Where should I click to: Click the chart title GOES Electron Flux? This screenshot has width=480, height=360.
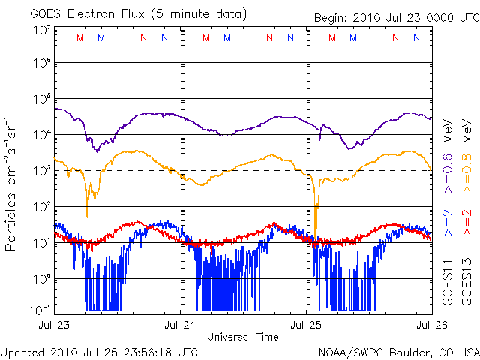point(139,13)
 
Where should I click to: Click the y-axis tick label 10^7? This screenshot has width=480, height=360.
point(41,30)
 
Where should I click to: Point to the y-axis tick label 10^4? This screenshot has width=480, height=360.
point(41,135)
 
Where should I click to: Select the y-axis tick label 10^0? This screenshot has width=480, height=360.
point(41,278)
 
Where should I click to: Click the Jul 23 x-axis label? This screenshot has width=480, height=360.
point(54,325)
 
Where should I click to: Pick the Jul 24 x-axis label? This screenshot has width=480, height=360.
point(181,325)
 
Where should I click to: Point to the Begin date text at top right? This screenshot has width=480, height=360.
point(394,19)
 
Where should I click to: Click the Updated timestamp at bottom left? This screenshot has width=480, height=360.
point(99,351)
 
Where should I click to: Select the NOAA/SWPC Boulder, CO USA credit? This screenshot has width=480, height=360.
point(398,351)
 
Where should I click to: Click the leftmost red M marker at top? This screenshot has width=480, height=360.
point(80,37)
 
